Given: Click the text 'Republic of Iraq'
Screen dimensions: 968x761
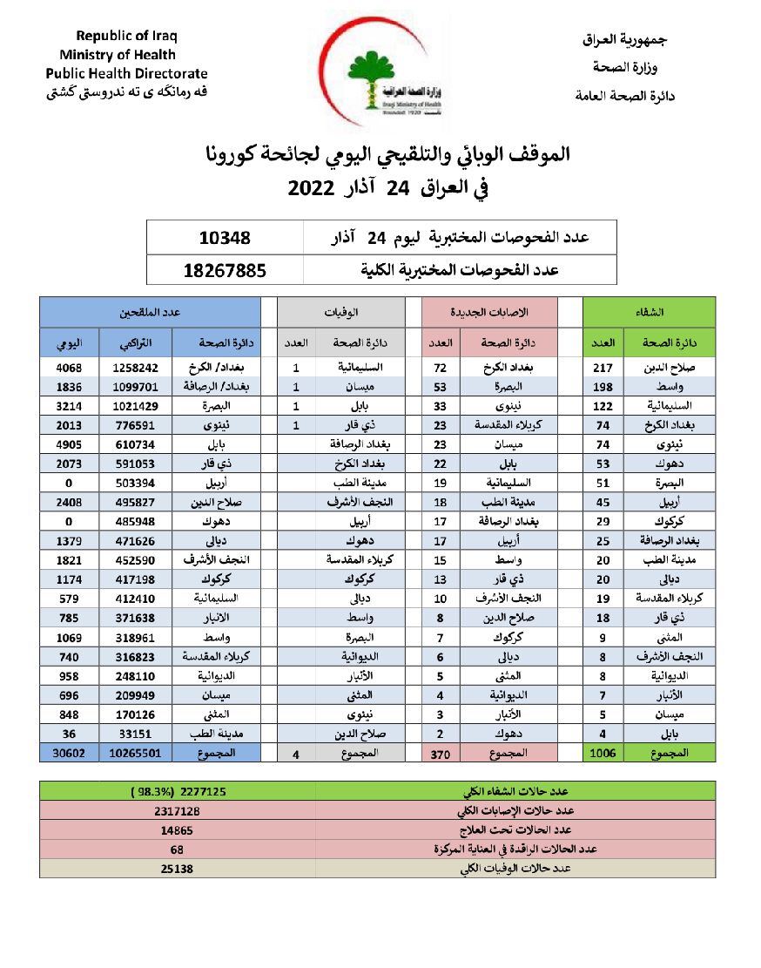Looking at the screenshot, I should click(126, 37).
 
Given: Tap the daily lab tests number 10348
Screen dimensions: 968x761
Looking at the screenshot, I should click(226, 237).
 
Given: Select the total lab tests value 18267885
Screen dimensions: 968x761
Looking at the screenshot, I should click(225, 270).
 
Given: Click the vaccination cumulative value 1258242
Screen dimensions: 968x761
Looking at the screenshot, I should click(136, 368).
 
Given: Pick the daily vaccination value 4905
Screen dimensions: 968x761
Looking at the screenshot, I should click(69, 444).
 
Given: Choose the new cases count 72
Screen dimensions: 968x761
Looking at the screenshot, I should click(440, 368).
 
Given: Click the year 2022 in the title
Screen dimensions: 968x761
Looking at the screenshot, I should click(311, 188).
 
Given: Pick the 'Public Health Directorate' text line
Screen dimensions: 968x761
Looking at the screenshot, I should click(126, 73).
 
